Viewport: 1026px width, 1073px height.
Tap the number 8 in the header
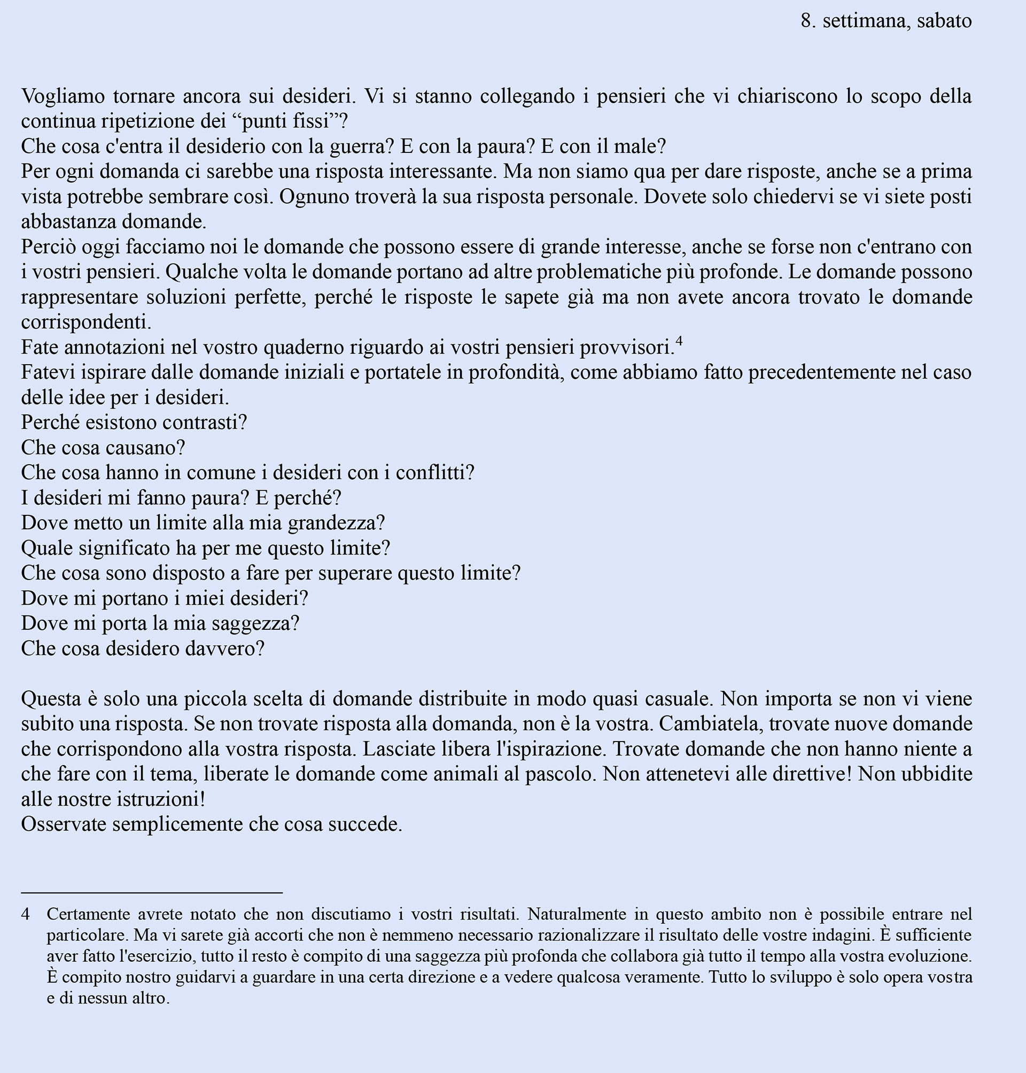(805, 21)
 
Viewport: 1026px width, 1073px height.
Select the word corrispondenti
(86, 322)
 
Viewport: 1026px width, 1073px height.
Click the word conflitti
(434, 473)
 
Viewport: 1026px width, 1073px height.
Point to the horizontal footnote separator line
(151, 893)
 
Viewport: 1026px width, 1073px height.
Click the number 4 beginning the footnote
(25, 914)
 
